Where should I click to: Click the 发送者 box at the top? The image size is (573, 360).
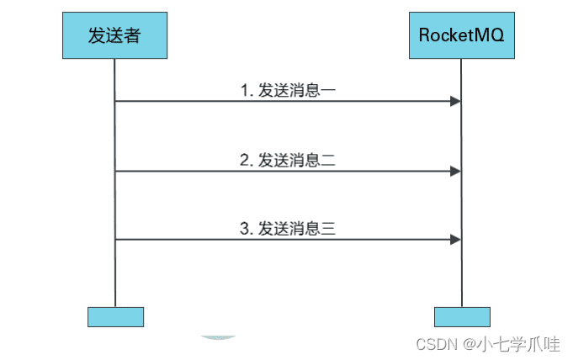click(x=115, y=35)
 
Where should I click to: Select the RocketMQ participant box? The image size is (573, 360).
click(x=461, y=35)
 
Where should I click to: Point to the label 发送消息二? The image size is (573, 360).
click(x=289, y=160)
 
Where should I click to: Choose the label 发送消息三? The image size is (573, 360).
click(x=289, y=228)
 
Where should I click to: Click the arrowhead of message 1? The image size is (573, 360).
click(x=455, y=102)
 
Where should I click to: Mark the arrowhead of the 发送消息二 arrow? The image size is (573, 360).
click(x=455, y=171)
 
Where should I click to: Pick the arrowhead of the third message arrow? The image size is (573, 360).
click(x=455, y=240)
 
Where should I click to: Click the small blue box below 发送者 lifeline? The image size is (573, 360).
click(x=115, y=316)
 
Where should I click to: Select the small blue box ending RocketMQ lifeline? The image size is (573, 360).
click(x=462, y=316)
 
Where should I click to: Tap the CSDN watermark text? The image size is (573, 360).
click(x=435, y=344)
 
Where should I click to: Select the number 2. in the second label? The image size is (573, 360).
click(x=247, y=160)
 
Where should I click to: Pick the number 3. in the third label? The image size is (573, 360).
click(x=247, y=228)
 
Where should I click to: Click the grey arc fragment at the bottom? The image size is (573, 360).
click(x=220, y=337)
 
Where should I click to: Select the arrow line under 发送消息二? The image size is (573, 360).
click(x=286, y=171)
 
